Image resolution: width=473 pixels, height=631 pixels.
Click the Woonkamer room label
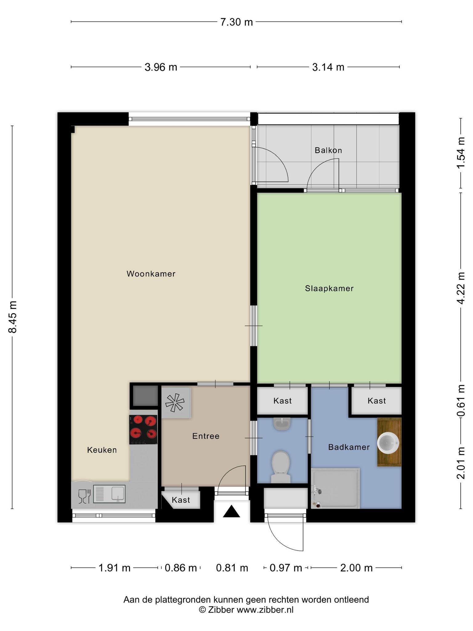pos(151,274)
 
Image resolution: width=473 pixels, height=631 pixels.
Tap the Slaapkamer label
pos(329,288)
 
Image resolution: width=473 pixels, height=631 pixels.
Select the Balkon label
pos(328,150)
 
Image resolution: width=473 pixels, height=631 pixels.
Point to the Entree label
pos(206,436)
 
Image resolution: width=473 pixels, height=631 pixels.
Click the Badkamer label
pos(349,447)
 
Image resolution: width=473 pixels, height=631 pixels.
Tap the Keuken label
pos(102,450)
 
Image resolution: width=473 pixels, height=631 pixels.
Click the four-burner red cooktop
pos(143,429)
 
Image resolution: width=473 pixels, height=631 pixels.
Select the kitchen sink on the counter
pos(109,494)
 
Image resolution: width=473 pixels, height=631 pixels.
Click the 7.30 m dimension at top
pos(236,22)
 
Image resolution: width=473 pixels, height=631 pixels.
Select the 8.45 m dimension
pos(13,317)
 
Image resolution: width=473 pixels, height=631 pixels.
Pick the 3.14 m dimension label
pos(328,67)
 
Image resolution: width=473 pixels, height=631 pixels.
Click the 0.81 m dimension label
pos(232,568)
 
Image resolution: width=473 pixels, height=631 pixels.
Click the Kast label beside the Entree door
pos(181,500)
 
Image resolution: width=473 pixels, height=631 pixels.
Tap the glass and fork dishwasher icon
pos(84,496)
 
